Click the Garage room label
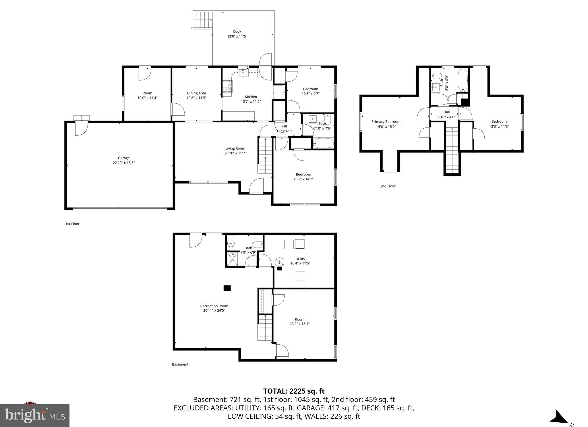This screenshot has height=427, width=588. click(x=124, y=158)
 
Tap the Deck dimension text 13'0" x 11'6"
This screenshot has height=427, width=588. click(x=237, y=36)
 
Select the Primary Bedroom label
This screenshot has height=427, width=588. click(x=386, y=121)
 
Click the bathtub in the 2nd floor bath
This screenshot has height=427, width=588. click(x=462, y=80)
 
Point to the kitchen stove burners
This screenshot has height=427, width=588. click(x=227, y=86)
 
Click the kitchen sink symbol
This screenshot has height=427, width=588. click(x=243, y=72)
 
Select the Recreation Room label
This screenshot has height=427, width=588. click(x=214, y=306)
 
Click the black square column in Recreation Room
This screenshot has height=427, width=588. click(x=227, y=288)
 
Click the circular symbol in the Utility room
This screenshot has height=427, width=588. click(x=279, y=262)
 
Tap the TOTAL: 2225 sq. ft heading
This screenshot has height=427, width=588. click(x=294, y=391)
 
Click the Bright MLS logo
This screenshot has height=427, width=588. click(x=35, y=416)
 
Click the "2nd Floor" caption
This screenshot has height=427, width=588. click(x=388, y=186)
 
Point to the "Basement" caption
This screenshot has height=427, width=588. click(x=180, y=364)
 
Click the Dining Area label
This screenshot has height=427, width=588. click(x=196, y=93)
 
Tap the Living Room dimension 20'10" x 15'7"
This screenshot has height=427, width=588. click(x=235, y=153)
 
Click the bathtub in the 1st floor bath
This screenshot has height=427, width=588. click(x=323, y=143)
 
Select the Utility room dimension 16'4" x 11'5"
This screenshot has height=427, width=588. click(x=300, y=263)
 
